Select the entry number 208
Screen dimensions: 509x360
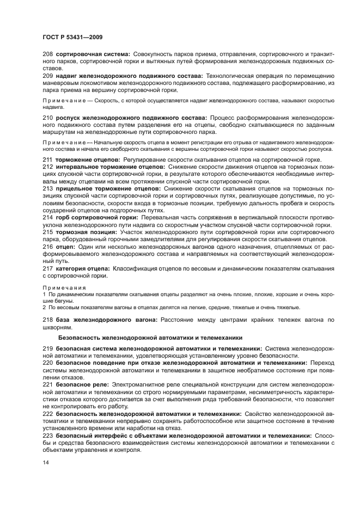[47, 54]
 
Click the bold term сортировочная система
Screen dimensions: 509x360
[93, 54]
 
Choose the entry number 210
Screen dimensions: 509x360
[47, 118]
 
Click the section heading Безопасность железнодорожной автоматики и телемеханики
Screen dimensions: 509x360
[150, 338]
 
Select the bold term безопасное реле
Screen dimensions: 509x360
[81, 384]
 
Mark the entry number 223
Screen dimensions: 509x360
[47, 436]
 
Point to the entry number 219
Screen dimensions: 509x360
[47, 348]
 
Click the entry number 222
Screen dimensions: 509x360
[47, 414]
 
